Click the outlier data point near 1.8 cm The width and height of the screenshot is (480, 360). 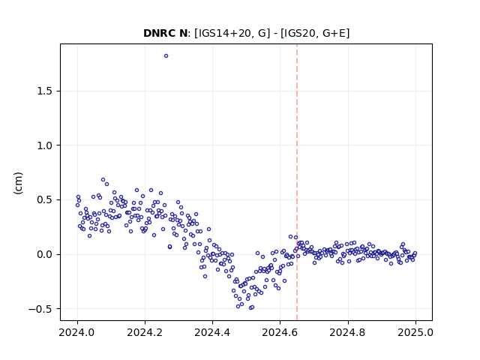click(x=166, y=56)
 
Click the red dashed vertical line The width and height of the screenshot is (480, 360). click(x=297, y=182)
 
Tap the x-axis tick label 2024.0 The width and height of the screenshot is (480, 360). click(x=77, y=332)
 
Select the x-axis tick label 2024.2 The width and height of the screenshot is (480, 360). click(x=145, y=332)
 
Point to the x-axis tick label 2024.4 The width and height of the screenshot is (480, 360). click(x=212, y=332)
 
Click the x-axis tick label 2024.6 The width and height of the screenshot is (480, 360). click(x=280, y=332)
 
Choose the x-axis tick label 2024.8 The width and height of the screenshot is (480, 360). click(x=348, y=332)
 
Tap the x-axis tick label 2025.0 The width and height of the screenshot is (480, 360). click(x=415, y=332)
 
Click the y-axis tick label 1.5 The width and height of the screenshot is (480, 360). click(x=44, y=91)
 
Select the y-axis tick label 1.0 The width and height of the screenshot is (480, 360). click(x=44, y=145)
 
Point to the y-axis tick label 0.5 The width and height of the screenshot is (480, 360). click(x=44, y=200)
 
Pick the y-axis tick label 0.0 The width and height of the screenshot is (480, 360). click(x=44, y=254)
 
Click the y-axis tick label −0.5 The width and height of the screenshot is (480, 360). click(x=40, y=309)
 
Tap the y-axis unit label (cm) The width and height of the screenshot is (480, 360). click(x=18, y=183)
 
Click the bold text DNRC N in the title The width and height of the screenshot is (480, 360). click(x=165, y=33)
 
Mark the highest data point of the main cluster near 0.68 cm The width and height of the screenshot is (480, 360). click(x=103, y=180)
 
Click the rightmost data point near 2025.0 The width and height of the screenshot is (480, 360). click(x=415, y=253)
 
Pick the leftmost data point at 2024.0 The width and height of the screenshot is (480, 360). click(x=77, y=205)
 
